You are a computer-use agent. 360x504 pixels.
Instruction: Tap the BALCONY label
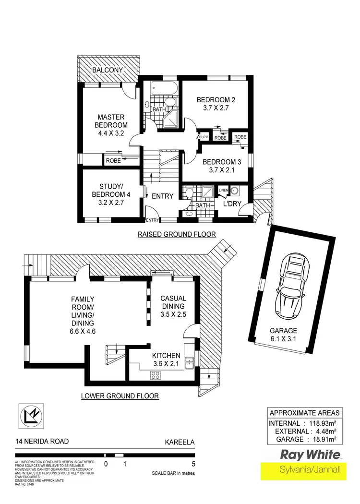(108, 70)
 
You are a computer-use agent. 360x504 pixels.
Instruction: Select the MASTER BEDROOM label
(111, 125)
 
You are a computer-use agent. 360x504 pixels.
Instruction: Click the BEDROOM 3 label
(221, 162)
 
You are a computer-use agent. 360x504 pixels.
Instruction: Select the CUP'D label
(204, 138)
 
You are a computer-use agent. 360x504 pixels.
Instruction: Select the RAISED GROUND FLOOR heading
(177, 234)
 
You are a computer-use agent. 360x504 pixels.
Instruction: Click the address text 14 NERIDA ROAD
(42, 441)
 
